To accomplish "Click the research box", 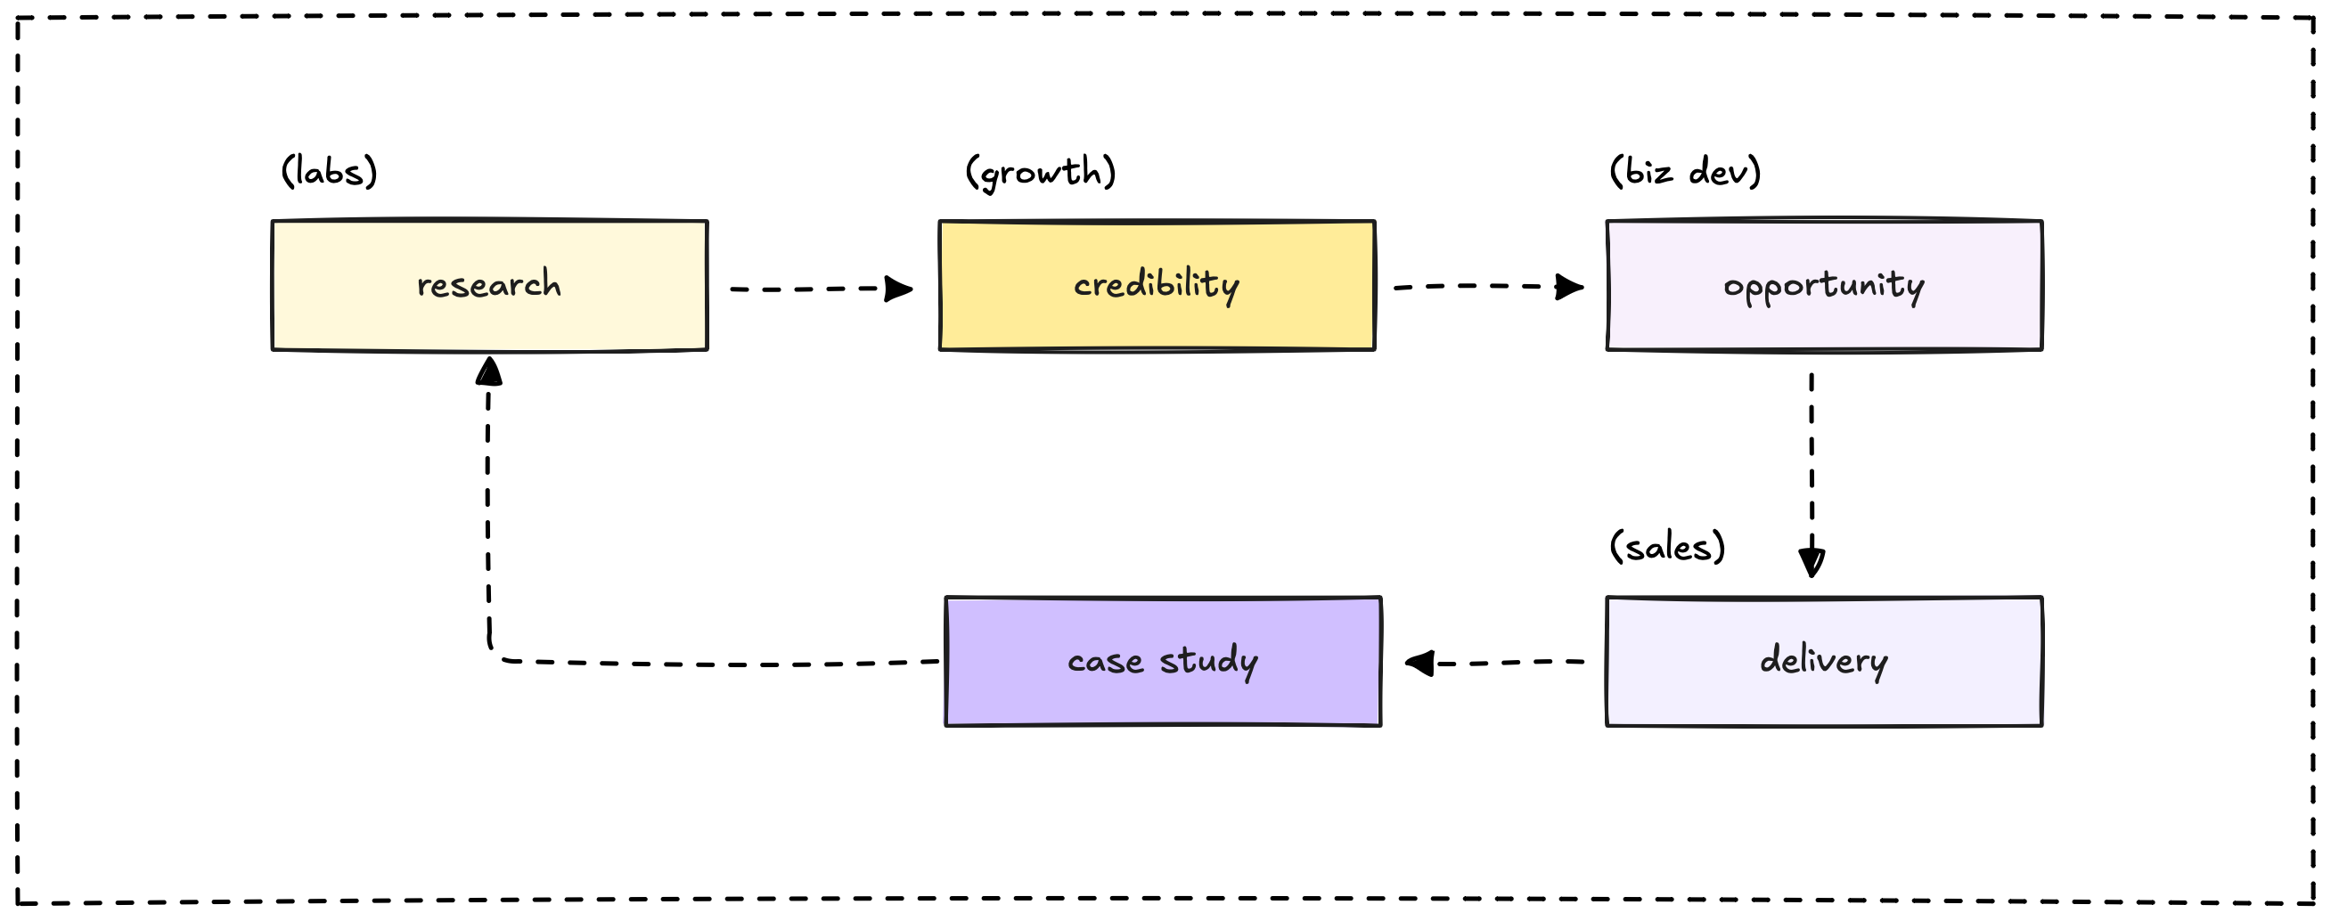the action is tap(489, 285).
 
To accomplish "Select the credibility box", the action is tap(1157, 285).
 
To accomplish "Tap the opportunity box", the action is tap(1824, 285).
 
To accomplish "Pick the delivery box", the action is tap(1824, 661).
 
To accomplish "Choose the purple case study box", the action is tap(1163, 661).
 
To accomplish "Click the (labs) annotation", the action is tap(330, 171).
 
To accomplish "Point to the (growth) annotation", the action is tap(1041, 172).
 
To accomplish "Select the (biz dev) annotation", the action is tap(1685, 171).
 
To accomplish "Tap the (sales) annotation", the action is tap(1667, 546).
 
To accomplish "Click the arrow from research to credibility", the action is tap(822, 289).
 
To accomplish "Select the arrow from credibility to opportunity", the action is tap(1489, 287).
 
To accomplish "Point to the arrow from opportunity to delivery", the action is tap(1812, 475).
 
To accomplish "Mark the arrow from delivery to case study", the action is tap(1494, 664).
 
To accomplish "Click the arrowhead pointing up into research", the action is tap(489, 370).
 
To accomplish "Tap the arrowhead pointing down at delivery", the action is tap(1812, 563).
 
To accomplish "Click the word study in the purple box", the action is tap(1209, 661).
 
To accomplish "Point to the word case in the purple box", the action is tap(1106, 663).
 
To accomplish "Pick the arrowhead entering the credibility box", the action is tap(898, 289).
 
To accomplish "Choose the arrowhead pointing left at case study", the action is tap(1419, 664).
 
